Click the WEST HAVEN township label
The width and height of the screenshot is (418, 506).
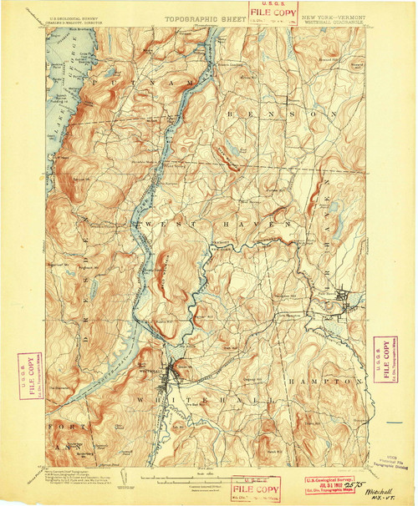pos(188,225)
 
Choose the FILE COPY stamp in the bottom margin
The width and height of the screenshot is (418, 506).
pos(257,488)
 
